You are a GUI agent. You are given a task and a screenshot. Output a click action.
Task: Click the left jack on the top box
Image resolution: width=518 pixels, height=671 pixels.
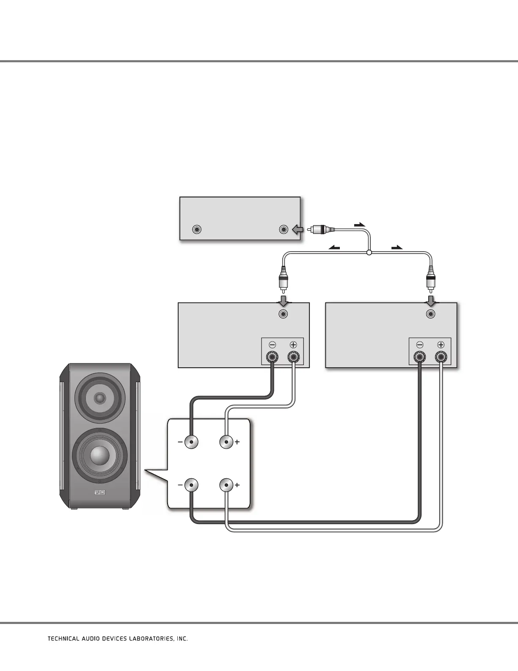[196, 230]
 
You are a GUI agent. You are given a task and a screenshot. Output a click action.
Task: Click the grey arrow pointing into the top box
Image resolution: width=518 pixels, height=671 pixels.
[298, 230]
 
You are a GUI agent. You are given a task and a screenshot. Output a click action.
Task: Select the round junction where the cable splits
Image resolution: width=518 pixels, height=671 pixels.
[369, 253]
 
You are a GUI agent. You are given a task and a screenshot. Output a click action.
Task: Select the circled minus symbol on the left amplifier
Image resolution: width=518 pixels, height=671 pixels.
[272, 345]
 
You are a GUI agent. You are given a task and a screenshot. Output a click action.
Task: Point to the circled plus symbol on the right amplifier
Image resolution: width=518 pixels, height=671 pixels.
[441, 345]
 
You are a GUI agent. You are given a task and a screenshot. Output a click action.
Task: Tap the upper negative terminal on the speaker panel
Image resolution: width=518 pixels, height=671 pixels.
[191, 442]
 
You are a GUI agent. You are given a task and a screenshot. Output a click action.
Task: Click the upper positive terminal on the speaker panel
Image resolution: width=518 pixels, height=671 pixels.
[226, 442]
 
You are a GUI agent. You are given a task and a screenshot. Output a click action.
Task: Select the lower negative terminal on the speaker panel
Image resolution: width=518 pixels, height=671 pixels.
[191, 485]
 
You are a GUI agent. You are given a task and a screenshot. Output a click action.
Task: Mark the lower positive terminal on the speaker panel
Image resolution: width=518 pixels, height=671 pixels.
[226, 485]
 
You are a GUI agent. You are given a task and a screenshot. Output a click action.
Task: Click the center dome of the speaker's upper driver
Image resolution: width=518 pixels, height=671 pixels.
[100, 398]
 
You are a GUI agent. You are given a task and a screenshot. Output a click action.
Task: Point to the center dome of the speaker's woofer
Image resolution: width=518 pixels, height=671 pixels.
[99, 455]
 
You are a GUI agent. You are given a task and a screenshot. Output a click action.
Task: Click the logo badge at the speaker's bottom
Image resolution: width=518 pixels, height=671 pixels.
[99, 492]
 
